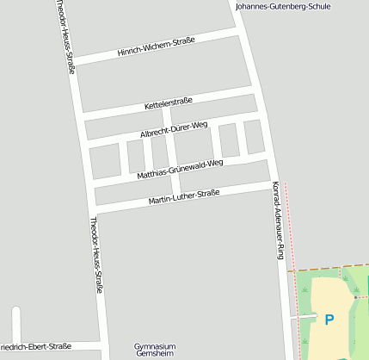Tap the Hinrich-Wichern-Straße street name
[157, 48]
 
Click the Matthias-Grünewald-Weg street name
[180, 169]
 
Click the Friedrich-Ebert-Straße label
[34, 346]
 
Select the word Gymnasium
[155, 345]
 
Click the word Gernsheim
[155, 354]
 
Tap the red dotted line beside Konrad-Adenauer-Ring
[290, 224]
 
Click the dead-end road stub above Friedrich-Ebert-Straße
[15, 322]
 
